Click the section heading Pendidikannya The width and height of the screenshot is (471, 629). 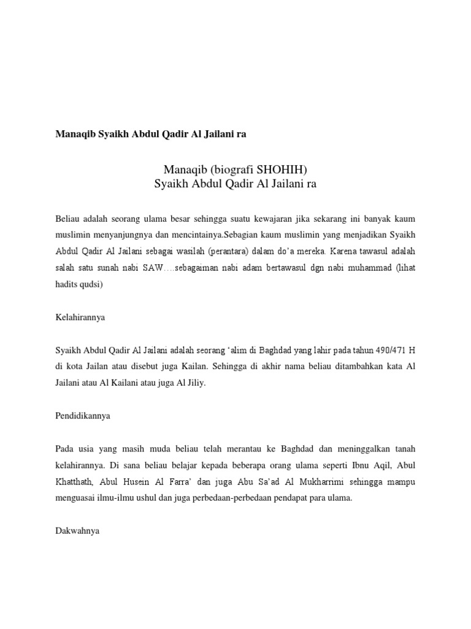point(82,416)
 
